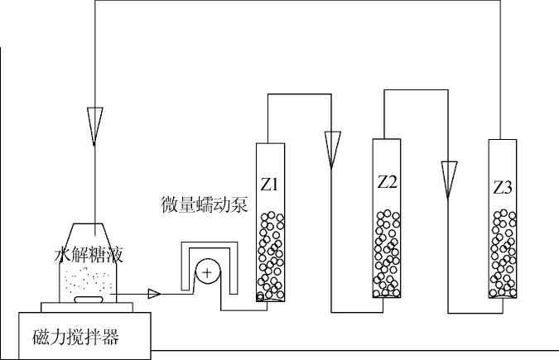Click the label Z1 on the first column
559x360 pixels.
point(272,183)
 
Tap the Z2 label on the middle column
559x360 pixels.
point(387,181)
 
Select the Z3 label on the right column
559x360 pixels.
point(503,187)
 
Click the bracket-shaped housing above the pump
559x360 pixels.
point(207,247)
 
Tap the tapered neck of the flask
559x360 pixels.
point(96,233)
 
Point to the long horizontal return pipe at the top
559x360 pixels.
point(298,2)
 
